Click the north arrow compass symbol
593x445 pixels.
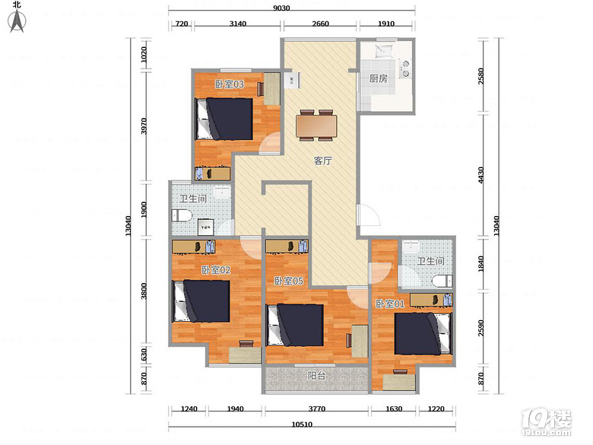tap(17, 21)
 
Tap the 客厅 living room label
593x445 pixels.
tap(322, 161)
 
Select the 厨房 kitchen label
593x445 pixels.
tap(378, 78)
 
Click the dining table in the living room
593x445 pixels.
tap(316, 126)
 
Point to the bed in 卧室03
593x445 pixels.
tap(224, 119)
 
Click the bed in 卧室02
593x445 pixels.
tap(201, 300)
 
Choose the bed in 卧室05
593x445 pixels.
tap(295, 325)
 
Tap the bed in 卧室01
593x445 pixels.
tap(423, 333)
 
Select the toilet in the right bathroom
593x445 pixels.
tap(442, 281)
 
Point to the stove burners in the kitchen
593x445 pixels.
tap(405, 68)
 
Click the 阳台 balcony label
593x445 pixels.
tap(316, 376)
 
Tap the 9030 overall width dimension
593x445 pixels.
tap(281, 8)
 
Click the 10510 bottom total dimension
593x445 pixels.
tap(302, 424)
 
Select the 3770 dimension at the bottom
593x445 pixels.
tap(317, 408)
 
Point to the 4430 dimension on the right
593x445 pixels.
tap(480, 175)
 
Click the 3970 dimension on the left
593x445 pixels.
tap(144, 126)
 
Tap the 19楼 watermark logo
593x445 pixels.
tap(547, 422)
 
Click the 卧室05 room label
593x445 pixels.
tap(289, 281)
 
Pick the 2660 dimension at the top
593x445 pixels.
tap(320, 24)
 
